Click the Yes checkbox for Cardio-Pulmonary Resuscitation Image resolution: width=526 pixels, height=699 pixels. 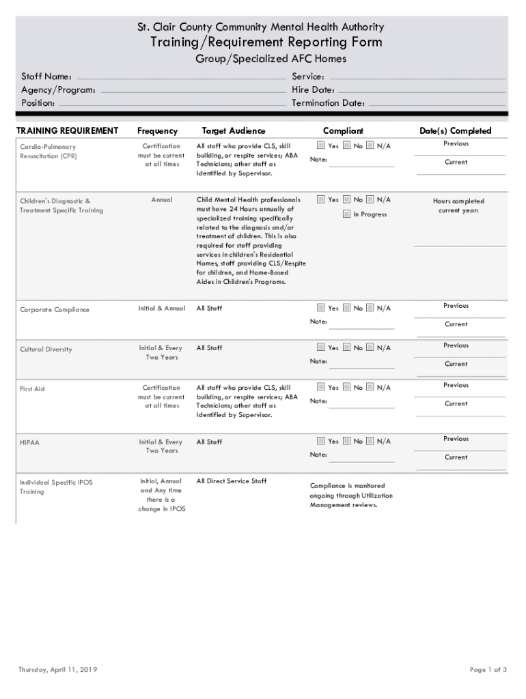coord(321,145)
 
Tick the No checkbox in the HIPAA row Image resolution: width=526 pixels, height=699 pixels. coord(347,441)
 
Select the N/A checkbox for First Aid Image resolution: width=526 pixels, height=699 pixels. coord(370,387)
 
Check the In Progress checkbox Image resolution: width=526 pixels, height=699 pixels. coord(347,214)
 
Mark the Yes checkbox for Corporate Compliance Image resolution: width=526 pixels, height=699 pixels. coord(321,308)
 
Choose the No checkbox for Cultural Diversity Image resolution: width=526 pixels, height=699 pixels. coord(347,347)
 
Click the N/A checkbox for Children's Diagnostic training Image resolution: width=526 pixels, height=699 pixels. coord(370,199)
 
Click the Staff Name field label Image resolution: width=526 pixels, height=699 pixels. coord(46,77)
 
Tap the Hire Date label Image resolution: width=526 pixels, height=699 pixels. coord(313,90)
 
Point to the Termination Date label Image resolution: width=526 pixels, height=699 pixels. coord(329,103)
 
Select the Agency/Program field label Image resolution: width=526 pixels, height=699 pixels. coord(58,90)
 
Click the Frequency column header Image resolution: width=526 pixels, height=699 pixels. coord(157,130)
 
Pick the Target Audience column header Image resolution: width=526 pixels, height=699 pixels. coord(234,130)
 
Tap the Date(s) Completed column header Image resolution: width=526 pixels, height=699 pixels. coord(456,130)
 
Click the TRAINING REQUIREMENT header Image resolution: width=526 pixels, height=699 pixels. coord(67,130)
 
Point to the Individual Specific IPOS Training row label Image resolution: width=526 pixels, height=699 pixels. coord(56,487)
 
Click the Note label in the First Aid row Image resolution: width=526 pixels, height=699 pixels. coord(318,401)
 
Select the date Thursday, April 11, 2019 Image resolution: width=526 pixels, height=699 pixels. coord(57,670)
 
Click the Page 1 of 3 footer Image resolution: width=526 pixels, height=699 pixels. coord(488,670)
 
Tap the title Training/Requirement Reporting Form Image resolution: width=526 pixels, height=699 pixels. coord(266,43)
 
